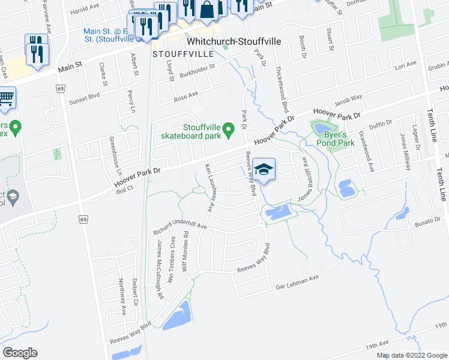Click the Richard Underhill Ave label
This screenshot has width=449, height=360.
(x=179, y=226)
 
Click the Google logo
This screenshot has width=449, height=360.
(x=20, y=352)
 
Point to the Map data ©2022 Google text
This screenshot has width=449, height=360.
(x=412, y=355)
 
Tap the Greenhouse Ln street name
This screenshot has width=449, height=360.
(x=112, y=153)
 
